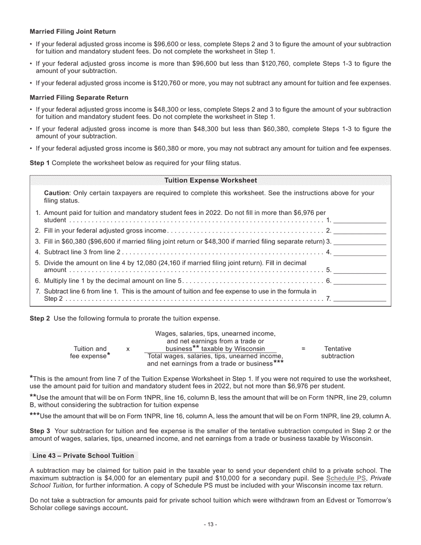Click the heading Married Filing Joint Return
[73, 31]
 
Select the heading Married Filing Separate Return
[79, 97]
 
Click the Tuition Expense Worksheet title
[210, 180]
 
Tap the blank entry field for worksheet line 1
[359, 220]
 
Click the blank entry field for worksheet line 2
[359, 230]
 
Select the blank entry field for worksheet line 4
[359, 252]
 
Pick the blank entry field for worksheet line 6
[359, 281]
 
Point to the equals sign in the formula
[303, 349]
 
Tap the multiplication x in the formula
[128, 349]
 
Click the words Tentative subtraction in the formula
[338, 352]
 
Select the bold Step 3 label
[39, 431]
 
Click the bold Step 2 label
[39, 318]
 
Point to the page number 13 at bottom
[210, 525]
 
